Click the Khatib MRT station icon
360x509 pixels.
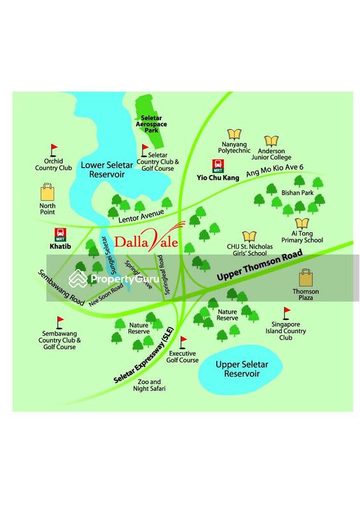(62, 234)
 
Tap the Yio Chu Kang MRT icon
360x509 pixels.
(218, 166)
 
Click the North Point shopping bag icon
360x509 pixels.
(48, 192)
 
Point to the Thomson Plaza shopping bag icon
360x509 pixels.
(307, 278)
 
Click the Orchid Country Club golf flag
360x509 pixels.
(53, 150)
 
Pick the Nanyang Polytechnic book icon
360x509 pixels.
(235, 134)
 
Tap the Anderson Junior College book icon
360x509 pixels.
(272, 141)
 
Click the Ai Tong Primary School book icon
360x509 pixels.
(303, 222)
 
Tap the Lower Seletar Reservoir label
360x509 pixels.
(106, 170)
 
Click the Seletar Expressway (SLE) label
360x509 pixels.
(144, 362)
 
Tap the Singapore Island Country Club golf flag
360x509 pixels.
(286, 312)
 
